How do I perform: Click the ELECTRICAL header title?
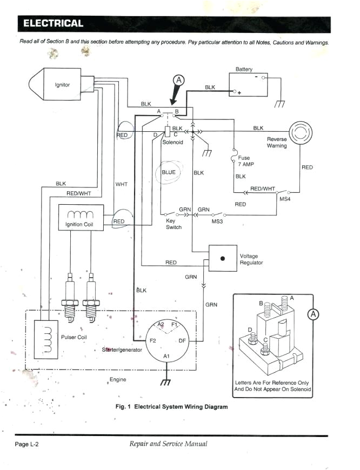click(52, 23)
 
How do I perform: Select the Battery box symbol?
click(247, 85)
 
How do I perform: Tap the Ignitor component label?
click(62, 85)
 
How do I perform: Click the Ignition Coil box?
click(81, 218)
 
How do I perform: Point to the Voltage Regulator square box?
click(223, 258)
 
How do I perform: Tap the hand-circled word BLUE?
click(169, 172)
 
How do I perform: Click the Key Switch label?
click(174, 224)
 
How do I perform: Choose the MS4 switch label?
click(285, 200)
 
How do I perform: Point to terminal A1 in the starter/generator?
click(166, 357)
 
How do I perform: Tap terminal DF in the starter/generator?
click(182, 341)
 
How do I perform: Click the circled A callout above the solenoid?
click(178, 80)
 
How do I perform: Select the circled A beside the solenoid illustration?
click(314, 315)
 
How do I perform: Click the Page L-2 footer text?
click(26, 444)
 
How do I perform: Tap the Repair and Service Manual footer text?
click(168, 444)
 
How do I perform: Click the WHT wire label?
click(121, 184)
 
